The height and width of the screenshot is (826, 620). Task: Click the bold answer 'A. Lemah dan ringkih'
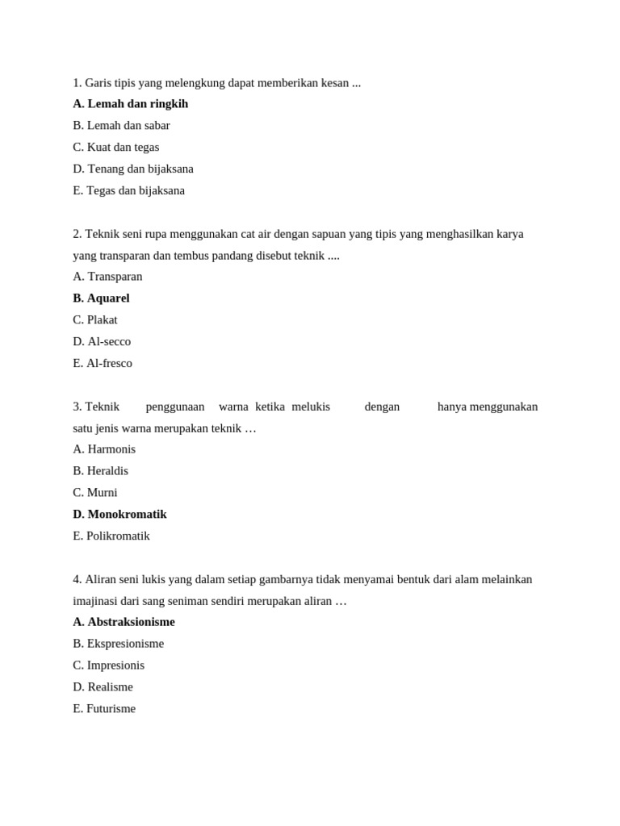coord(130,104)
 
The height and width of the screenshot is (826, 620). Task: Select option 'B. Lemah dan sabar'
coord(121,126)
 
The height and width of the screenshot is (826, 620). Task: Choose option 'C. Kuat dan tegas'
coord(115,148)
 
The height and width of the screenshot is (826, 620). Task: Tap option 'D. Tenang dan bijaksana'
coord(132,169)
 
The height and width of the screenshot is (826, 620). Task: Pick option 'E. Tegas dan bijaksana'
coord(128,191)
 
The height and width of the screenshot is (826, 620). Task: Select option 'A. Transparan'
coord(107,277)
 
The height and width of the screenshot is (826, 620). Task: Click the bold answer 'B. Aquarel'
coord(101,298)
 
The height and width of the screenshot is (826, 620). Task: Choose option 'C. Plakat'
coord(94,320)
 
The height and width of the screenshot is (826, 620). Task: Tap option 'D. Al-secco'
coord(102,342)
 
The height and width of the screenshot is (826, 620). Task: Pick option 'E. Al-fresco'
coord(103,364)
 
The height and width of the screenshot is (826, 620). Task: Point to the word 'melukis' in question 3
coord(311,407)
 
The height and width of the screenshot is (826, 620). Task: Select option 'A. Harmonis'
coord(104,449)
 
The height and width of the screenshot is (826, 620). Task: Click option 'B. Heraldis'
coord(100,471)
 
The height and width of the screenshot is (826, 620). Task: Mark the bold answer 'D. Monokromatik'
coord(119,515)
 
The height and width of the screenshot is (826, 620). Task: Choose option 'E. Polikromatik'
coord(111,536)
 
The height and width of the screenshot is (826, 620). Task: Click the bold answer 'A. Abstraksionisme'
coord(124,622)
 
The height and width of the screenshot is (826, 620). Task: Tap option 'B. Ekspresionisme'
coord(118,644)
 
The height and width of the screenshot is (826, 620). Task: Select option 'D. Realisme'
coord(103,687)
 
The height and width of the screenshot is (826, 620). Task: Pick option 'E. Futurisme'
coord(104,709)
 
